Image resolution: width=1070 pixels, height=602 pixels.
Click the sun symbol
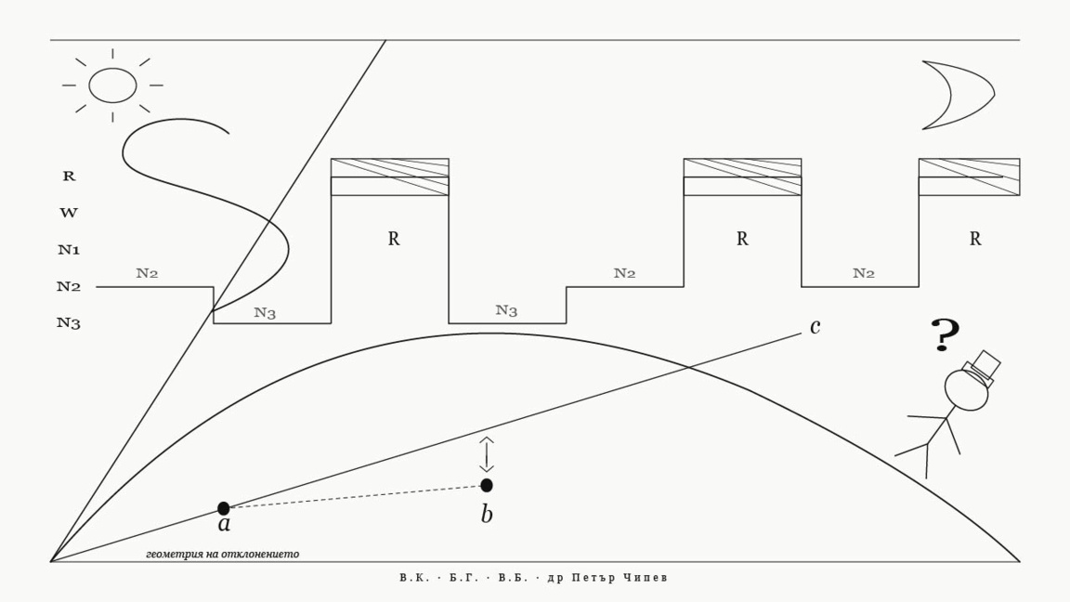[x=112, y=85]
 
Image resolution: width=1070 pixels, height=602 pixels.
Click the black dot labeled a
[x=224, y=508]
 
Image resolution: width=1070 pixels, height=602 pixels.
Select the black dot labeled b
[x=487, y=485]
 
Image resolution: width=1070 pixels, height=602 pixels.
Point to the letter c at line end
[x=815, y=327]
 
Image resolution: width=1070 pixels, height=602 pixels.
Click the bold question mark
[x=945, y=334]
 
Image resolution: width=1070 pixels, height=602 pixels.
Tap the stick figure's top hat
[x=981, y=369]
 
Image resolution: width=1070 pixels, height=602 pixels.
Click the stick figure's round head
[x=966, y=389]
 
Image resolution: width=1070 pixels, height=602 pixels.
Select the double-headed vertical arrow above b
[x=486, y=454]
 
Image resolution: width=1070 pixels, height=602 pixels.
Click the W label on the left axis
[x=69, y=213]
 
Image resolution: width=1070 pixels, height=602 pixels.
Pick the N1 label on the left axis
[x=69, y=250]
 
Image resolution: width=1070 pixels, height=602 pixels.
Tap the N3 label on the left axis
[x=69, y=323]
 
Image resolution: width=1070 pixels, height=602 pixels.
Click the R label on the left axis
[x=69, y=177]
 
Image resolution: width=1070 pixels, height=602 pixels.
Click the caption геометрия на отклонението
[x=223, y=554]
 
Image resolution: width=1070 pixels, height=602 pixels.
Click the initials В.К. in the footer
[x=415, y=578]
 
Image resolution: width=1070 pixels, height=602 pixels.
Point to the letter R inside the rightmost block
[x=975, y=239]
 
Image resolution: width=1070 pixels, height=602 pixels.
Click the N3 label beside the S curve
[x=265, y=312]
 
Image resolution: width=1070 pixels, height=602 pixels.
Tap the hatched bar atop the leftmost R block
[x=390, y=177]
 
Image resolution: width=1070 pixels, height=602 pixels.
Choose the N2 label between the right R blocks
[x=863, y=273]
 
